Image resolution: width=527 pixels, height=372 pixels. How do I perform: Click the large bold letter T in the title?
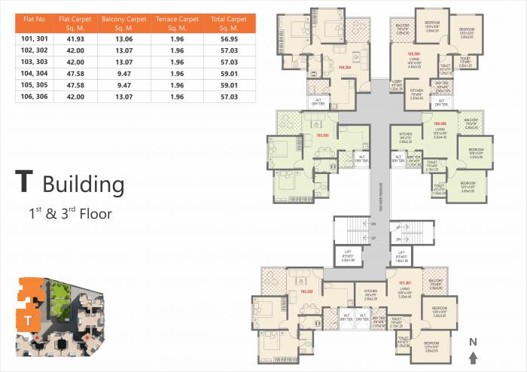pyautogui.click(x=24, y=183)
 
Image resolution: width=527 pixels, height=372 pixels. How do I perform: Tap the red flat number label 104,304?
pyautogui.click(x=346, y=67)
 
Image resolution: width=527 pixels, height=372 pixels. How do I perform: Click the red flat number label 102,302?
pyautogui.click(x=306, y=290)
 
